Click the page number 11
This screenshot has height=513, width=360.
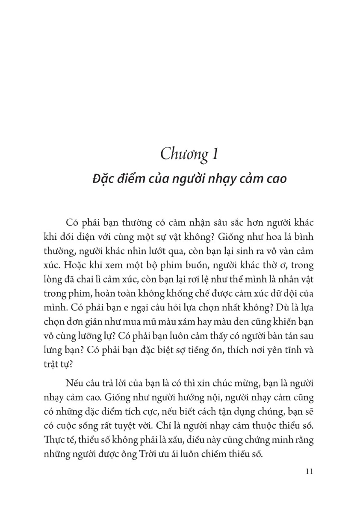pyautogui.click(x=310, y=472)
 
